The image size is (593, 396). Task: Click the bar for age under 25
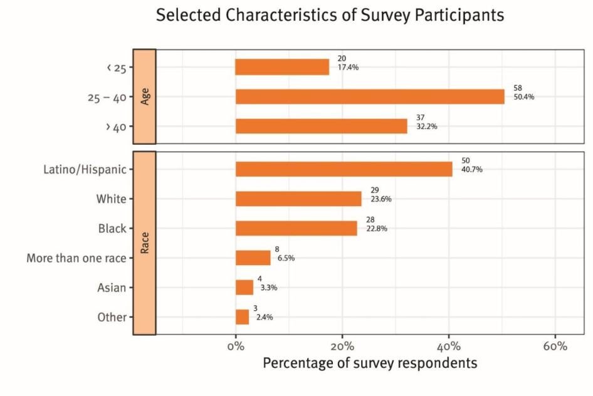pos(282,67)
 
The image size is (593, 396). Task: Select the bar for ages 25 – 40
pos(370,96)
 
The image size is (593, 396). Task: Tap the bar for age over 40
pos(322,126)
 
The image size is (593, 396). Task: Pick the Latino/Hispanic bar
pos(344,169)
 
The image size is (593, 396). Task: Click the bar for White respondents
pos(298,199)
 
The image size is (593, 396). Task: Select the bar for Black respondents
pos(296,228)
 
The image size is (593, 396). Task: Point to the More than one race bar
pos(253,258)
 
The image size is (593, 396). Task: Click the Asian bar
pos(244,287)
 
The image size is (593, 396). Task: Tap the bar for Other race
pos(242,316)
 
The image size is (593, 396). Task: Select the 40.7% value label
pos(472,170)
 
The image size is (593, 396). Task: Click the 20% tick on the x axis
pos(342,346)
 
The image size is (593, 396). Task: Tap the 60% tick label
pos(555,346)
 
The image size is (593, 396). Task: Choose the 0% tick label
pos(236,346)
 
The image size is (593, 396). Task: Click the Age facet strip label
pos(145,96)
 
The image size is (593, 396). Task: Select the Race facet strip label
pos(145,242)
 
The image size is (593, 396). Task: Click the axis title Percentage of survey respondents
pos(370,363)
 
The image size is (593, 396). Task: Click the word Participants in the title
pos(449,15)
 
